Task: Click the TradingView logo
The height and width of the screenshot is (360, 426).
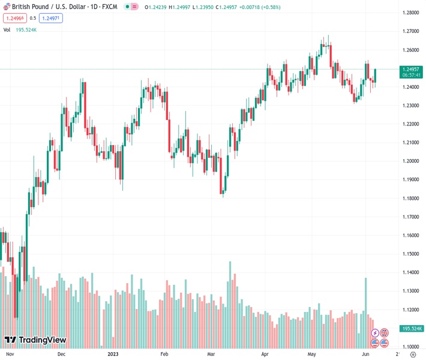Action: [35, 340]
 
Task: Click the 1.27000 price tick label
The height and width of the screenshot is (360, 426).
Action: [412, 31]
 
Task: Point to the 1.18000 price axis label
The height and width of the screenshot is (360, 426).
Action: [412, 199]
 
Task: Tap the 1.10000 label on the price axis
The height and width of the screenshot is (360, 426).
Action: [412, 347]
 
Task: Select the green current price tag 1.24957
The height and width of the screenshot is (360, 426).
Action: [412, 70]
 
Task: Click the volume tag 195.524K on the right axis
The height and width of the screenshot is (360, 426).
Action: [412, 329]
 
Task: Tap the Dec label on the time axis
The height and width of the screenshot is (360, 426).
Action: [61, 355]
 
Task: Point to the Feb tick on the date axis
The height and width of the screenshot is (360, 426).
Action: [164, 355]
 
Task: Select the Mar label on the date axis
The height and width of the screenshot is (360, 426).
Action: [211, 355]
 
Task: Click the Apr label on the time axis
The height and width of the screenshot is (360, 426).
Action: [265, 355]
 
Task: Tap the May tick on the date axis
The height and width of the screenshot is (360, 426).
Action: [311, 355]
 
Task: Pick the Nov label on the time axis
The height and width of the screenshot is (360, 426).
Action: [10, 355]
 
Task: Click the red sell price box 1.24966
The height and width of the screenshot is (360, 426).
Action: [14, 18]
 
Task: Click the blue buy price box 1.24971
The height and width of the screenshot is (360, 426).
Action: [51, 18]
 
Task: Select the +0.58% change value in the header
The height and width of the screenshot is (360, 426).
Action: [256, 7]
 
